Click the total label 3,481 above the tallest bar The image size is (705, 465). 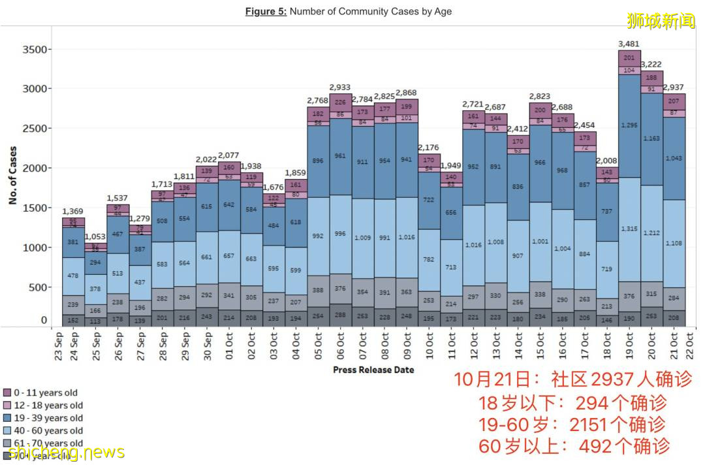pos(629,44)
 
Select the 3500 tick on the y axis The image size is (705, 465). pos(35,50)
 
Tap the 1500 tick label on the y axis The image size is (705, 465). pos(35,208)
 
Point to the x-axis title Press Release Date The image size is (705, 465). pos(373,370)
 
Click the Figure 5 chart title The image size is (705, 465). pos(348,11)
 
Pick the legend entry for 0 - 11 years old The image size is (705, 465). pos(45,393)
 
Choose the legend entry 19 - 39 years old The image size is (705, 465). pos(48,418)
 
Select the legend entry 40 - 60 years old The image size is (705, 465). pos(48,430)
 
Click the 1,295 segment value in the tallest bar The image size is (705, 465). pos(629,125)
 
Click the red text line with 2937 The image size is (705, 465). pos(571,379)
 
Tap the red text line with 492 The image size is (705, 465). pos(574,446)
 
